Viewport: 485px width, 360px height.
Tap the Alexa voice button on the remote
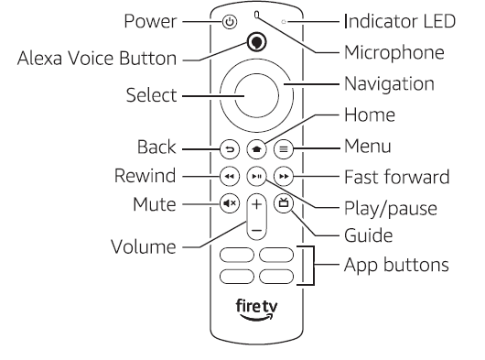click(x=257, y=41)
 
